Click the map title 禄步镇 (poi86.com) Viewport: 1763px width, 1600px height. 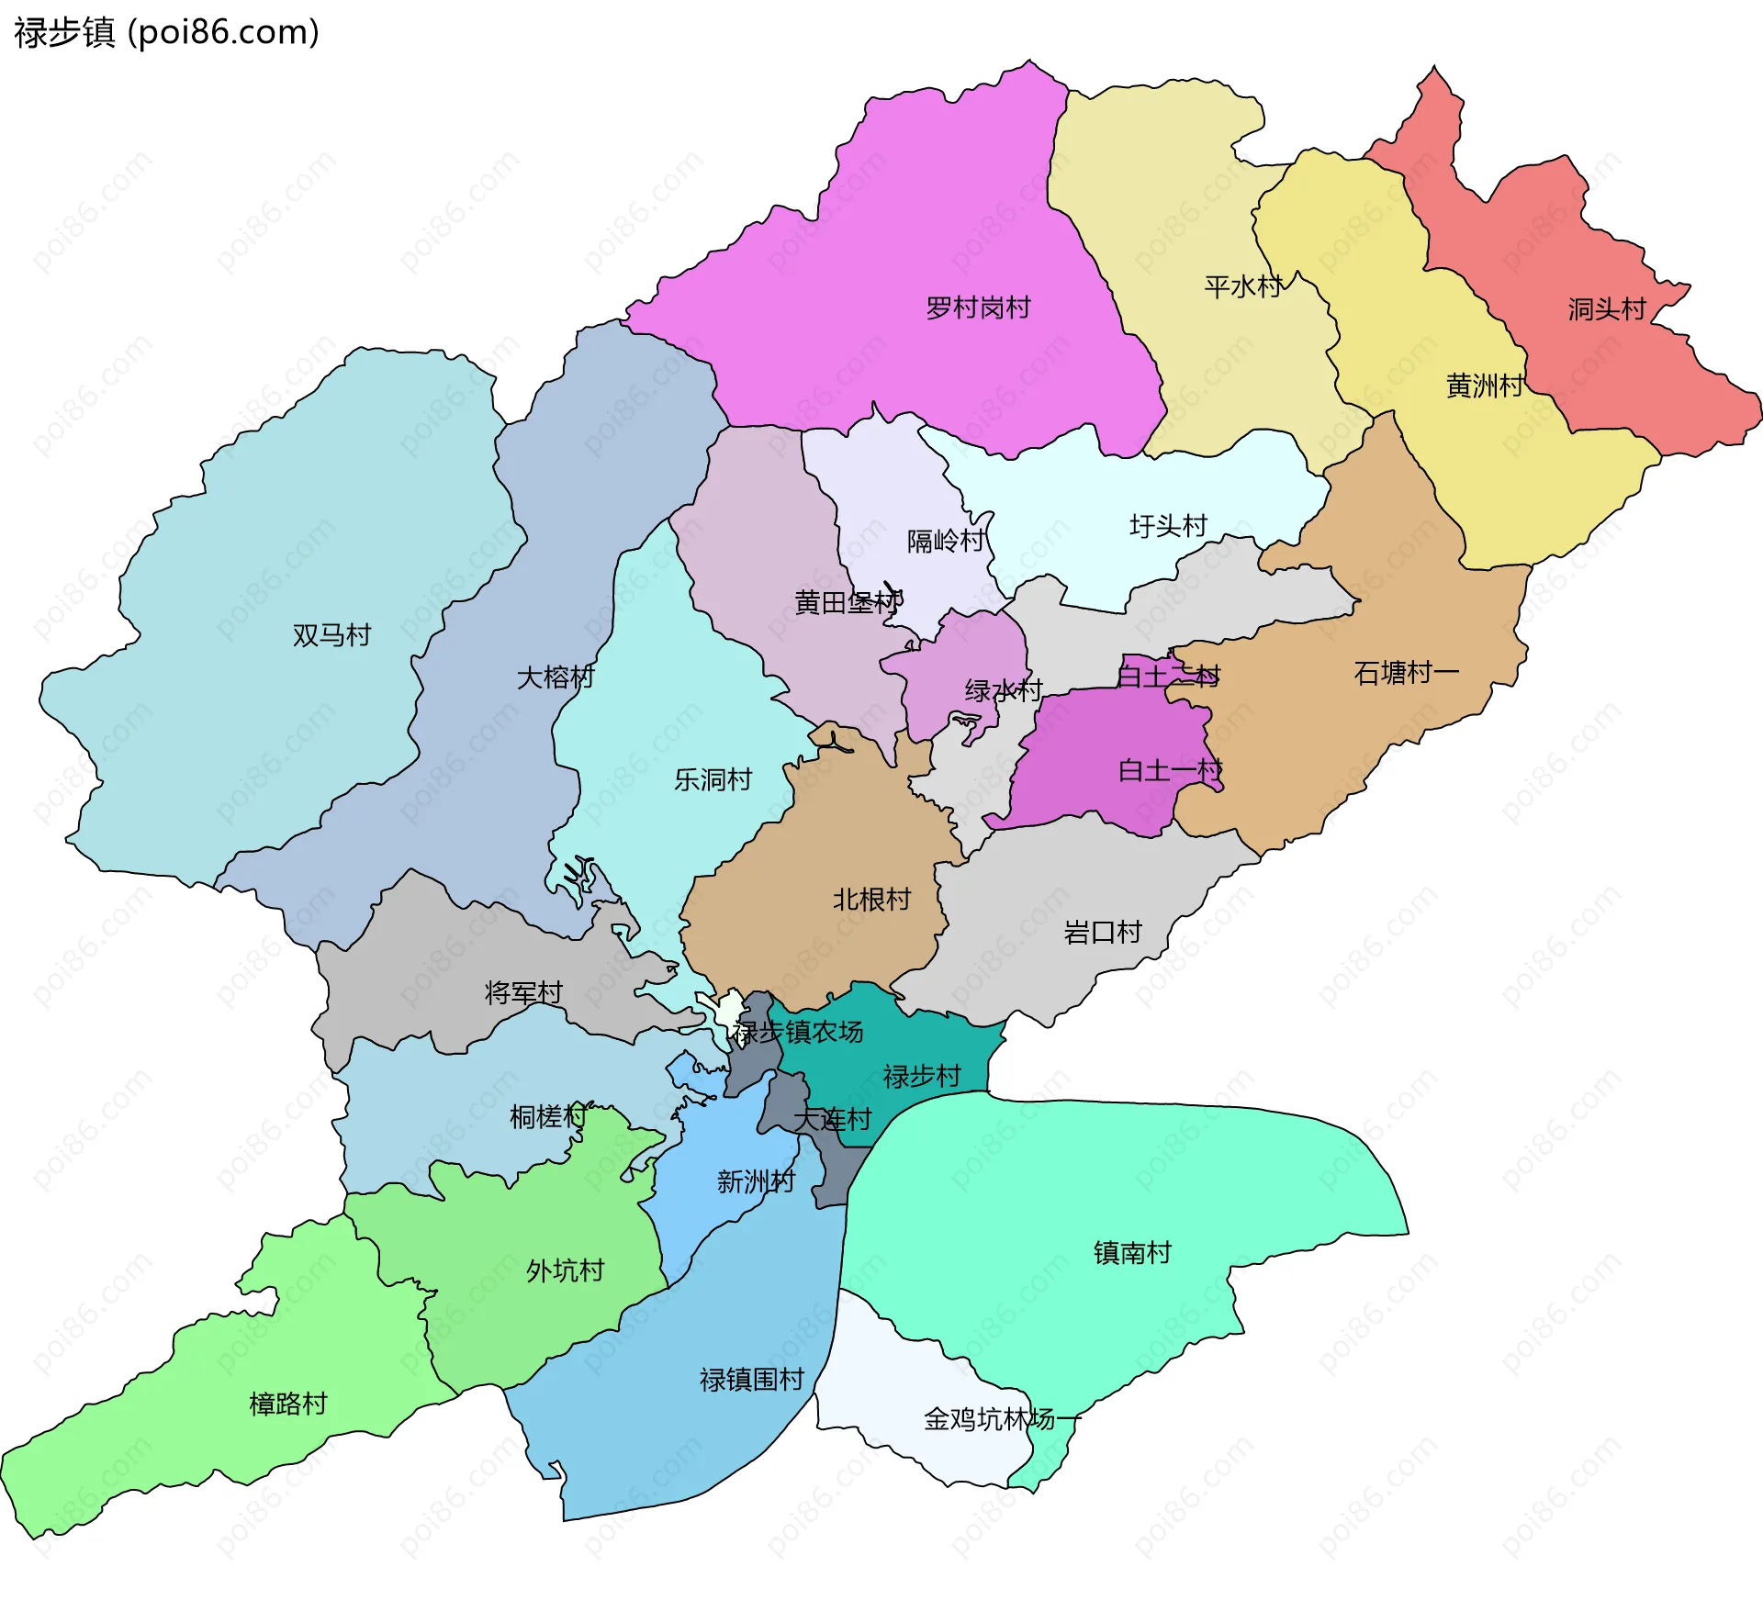[x=166, y=33]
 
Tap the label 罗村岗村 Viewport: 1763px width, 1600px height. [x=978, y=308]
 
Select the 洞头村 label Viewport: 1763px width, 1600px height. [x=1607, y=309]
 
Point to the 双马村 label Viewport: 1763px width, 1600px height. [x=331, y=635]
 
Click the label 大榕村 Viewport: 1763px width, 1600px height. [x=556, y=677]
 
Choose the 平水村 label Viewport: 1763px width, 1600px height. [x=1243, y=287]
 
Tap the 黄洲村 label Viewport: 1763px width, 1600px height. [x=1485, y=386]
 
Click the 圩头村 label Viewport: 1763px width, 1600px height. [x=1168, y=526]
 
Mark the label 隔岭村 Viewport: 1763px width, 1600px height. [x=946, y=541]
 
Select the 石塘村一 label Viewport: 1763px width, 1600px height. [x=1406, y=673]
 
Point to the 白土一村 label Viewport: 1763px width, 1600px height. [x=1170, y=770]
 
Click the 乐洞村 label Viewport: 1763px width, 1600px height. [x=713, y=779]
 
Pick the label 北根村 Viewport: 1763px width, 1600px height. [x=871, y=899]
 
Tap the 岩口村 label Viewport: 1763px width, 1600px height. [x=1102, y=933]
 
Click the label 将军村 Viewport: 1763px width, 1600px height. [x=523, y=992]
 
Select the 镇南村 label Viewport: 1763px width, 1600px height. [x=1132, y=1252]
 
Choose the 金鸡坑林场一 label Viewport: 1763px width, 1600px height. [x=1002, y=1419]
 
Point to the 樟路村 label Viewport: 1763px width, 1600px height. [x=288, y=1404]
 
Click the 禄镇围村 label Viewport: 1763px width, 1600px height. [x=751, y=1379]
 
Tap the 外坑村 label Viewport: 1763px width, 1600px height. [x=565, y=1270]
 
